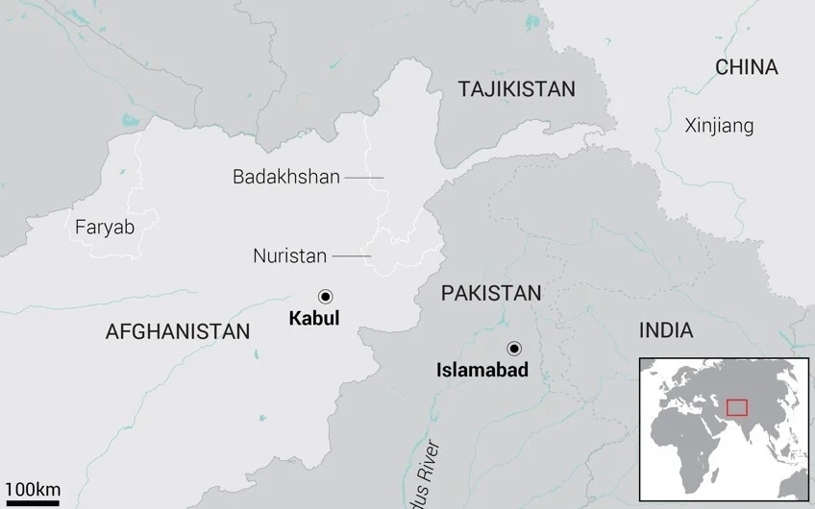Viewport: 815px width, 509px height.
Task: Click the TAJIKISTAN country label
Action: pyautogui.click(x=516, y=89)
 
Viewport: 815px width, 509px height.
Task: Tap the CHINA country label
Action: pyautogui.click(x=746, y=67)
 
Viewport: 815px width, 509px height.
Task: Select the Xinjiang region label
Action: pyautogui.click(x=719, y=126)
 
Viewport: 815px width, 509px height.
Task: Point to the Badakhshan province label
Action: pyautogui.click(x=286, y=177)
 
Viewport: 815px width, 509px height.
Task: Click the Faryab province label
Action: pyautogui.click(x=105, y=227)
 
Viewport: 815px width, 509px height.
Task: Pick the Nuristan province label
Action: pyautogui.click(x=289, y=256)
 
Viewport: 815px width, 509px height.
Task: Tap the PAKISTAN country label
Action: pyautogui.click(x=491, y=294)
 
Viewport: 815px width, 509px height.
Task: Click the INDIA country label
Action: pyautogui.click(x=666, y=331)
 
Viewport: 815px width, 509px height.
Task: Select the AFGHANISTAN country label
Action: pyautogui.click(x=178, y=332)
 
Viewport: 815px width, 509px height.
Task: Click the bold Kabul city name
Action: pyautogui.click(x=314, y=319)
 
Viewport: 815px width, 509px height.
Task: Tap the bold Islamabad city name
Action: pyautogui.click(x=482, y=370)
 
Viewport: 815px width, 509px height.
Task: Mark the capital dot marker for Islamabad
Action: pyautogui.click(x=515, y=348)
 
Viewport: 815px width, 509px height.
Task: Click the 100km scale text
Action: pyautogui.click(x=31, y=489)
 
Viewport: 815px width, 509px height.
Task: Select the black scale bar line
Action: pyautogui.click(x=31, y=502)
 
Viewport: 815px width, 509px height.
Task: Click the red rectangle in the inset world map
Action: pyautogui.click(x=736, y=408)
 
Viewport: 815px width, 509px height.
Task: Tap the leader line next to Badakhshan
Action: pyautogui.click(x=364, y=178)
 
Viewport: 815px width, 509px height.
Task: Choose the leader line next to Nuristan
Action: pyautogui.click(x=352, y=256)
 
